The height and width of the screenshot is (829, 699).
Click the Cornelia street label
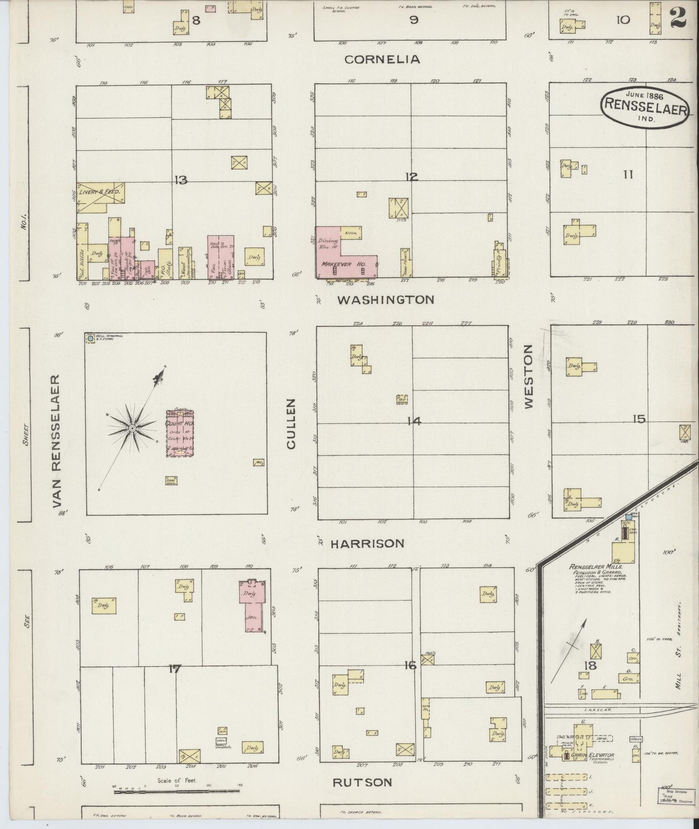coord(382,59)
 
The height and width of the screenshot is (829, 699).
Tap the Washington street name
coord(386,300)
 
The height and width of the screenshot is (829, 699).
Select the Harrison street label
coord(367,544)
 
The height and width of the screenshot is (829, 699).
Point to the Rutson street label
coord(362,782)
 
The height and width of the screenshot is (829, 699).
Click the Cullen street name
coord(291,424)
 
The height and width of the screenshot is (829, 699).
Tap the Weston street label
coord(528,376)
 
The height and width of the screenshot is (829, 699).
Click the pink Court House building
coord(180,433)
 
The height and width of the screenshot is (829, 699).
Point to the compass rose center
coord(132,429)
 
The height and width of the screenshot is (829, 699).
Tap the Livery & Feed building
coord(100,193)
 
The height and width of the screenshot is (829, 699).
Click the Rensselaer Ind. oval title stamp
coord(644,107)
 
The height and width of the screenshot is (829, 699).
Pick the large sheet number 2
coord(679,17)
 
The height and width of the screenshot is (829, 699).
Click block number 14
coord(414,421)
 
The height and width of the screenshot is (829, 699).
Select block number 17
coord(175,669)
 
